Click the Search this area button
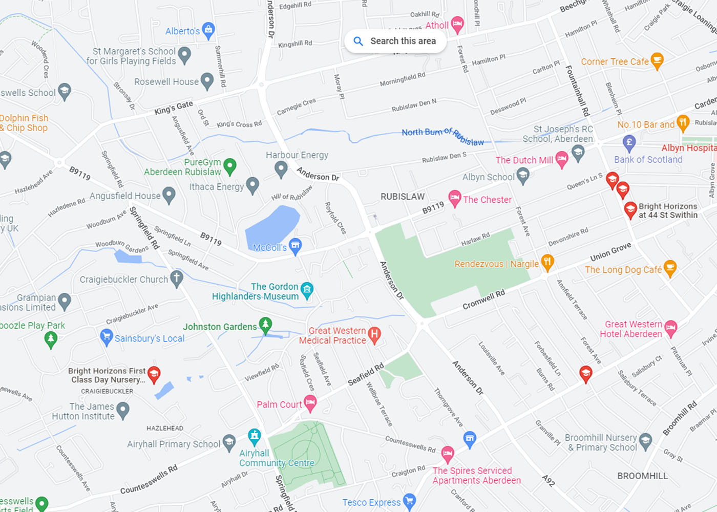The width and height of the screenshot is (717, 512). [x=395, y=41]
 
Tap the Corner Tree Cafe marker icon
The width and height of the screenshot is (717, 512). [x=657, y=60]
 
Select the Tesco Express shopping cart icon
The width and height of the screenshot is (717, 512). [x=409, y=501]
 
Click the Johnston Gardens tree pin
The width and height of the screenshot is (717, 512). [x=265, y=325]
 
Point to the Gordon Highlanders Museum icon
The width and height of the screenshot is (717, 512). [x=307, y=290]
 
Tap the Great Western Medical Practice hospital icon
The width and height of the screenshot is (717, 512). [x=374, y=334]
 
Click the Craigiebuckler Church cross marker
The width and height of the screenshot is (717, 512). [x=177, y=278]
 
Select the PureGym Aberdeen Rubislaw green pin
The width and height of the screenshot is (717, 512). [x=230, y=165]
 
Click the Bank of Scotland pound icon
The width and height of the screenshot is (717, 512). [x=629, y=142]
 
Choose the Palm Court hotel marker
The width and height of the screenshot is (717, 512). [x=310, y=403]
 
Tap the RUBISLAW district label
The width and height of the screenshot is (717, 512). [x=403, y=197]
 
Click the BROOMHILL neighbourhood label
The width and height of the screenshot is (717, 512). [x=642, y=476]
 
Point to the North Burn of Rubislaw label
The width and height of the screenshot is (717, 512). [x=442, y=136]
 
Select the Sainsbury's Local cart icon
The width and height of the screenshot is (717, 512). [x=106, y=337]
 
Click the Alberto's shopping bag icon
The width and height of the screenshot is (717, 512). [x=208, y=30]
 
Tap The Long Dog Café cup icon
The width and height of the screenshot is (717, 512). [x=670, y=268]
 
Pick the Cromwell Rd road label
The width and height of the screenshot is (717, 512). [x=483, y=300]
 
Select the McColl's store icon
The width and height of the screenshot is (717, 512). [x=295, y=246]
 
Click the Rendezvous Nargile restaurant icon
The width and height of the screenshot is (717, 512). [x=547, y=262]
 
